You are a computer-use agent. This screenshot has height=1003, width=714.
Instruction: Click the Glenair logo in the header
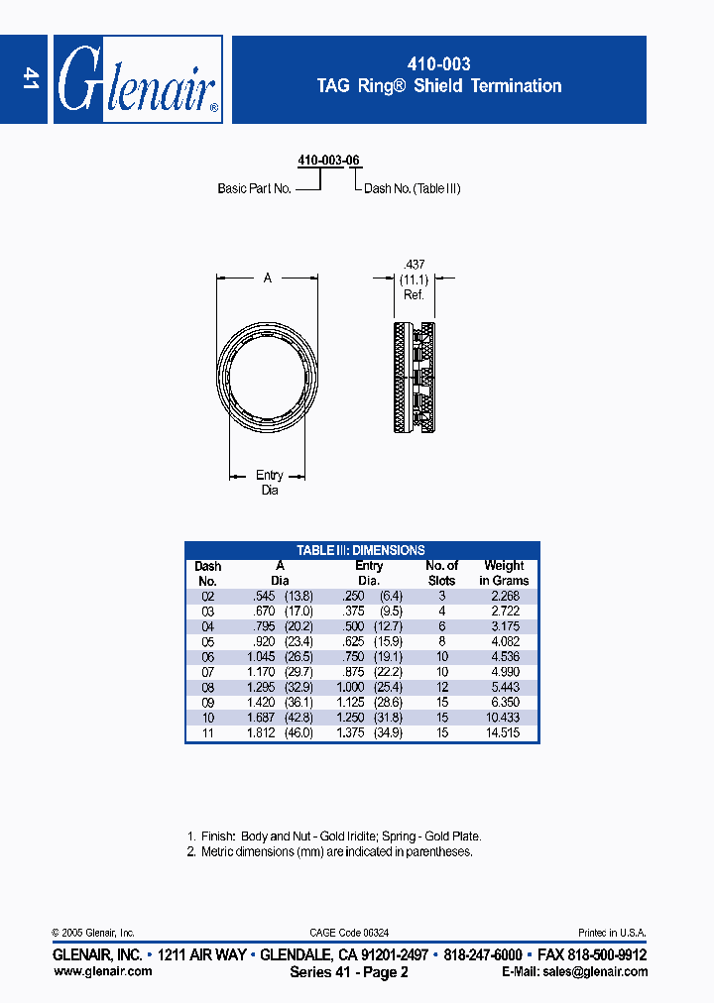click(x=137, y=80)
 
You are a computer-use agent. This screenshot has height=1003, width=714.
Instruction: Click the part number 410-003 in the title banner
click(x=438, y=63)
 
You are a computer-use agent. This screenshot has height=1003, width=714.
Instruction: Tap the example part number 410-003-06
click(x=328, y=160)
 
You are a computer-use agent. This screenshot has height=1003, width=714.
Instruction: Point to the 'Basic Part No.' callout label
click(x=254, y=188)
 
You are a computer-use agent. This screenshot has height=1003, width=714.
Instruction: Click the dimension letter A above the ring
click(x=268, y=279)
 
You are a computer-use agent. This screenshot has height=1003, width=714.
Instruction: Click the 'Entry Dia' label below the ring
click(x=269, y=483)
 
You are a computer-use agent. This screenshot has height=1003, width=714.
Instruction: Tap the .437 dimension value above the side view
click(x=414, y=264)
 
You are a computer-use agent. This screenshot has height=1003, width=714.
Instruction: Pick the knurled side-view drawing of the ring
click(x=415, y=378)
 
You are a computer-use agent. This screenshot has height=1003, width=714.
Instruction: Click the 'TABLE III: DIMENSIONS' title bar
click(x=362, y=550)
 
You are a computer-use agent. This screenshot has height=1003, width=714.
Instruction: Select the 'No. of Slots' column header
click(x=441, y=573)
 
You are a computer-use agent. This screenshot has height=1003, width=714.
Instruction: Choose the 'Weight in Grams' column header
click(x=504, y=573)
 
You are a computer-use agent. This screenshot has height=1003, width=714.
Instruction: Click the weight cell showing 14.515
click(x=504, y=732)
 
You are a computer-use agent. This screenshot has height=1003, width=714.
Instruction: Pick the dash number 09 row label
click(x=207, y=702)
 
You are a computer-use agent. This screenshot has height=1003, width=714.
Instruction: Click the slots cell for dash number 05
click(x=441, y=640)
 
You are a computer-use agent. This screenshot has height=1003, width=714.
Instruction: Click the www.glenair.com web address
click(x=102, y=971)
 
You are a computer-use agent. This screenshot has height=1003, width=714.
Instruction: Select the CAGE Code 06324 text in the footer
click(x=349, y=933)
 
